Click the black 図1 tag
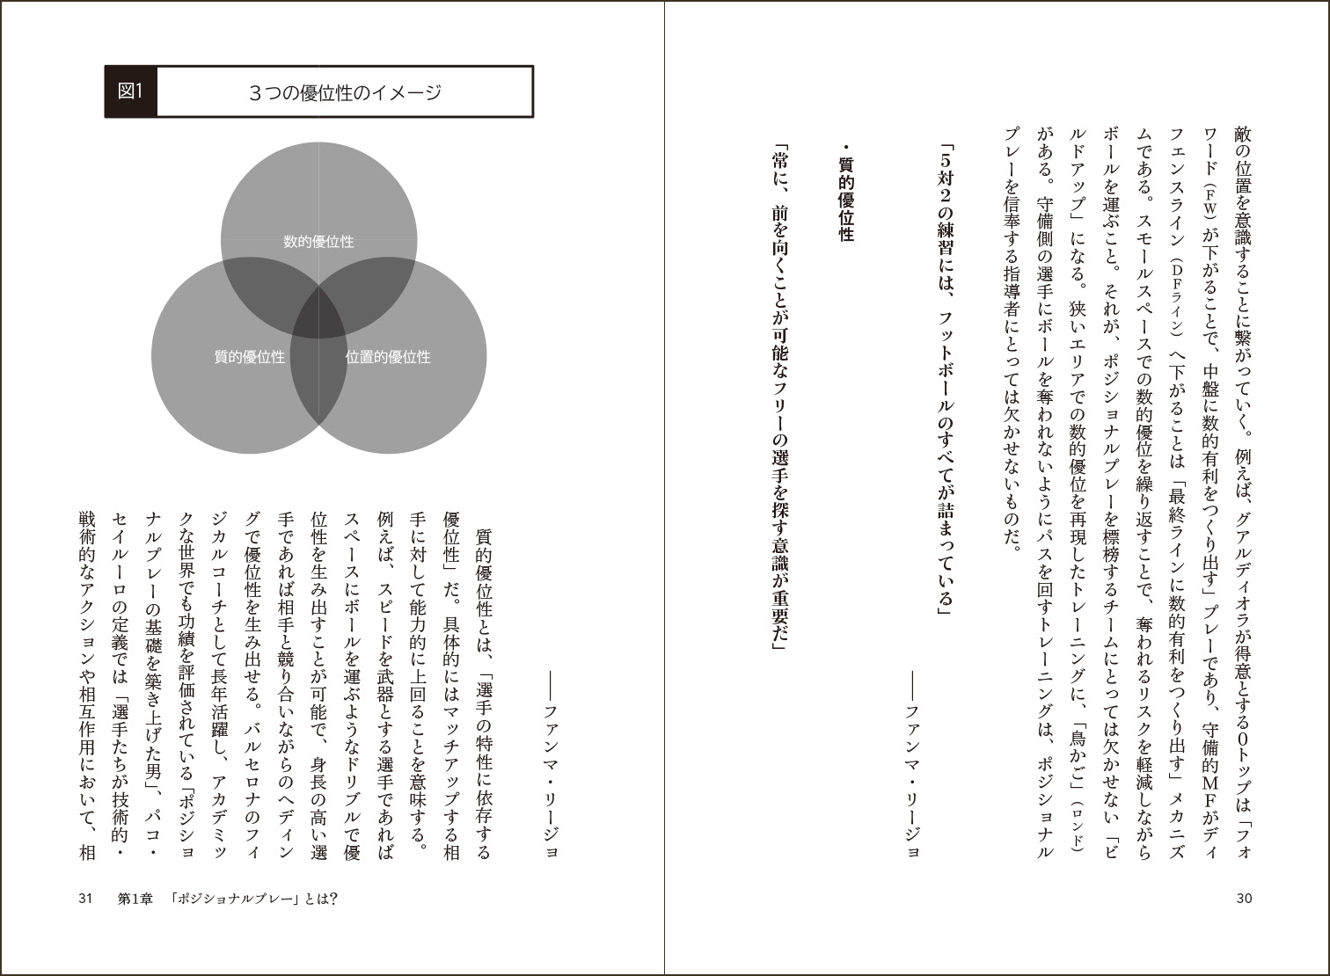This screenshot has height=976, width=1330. point(130,91)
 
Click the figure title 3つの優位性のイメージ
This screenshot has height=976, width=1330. point(345,92)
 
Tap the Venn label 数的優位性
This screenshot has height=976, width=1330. point(318,241)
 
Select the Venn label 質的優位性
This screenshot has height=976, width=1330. point(250,357)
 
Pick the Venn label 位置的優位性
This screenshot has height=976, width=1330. point(388,357)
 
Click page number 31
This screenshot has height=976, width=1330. point(85,898)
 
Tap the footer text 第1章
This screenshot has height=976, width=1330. point(135,898)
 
